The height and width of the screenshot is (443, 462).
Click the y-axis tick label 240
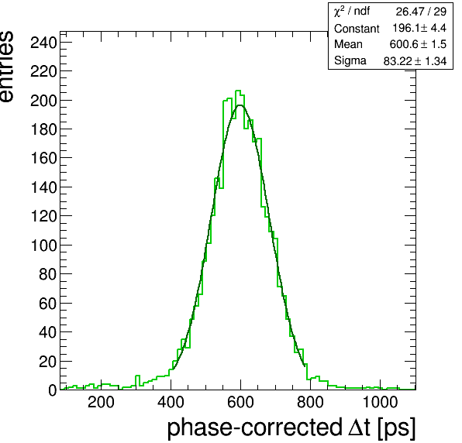pyautogui.click(x=43, y=43)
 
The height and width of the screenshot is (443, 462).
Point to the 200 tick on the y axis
pyautogui.click(x=43, y=101)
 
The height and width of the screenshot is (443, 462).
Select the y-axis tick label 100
pyautogui.click(x=43, y=246)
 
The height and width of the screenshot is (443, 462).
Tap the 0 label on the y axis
pyautogui.click(x=52, y=390)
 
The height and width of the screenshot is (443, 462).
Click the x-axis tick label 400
pyautogui.click(x=171, y=402)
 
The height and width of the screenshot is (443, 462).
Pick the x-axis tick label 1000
pyautogui.click(x=380, y=402)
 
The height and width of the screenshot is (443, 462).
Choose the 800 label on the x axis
pyautogui.click(x=310, y=402)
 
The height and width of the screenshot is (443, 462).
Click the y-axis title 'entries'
pyautogui.click(x=7, y=67)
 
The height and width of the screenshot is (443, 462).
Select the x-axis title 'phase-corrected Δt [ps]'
pyautogui.click(x=291, y=428)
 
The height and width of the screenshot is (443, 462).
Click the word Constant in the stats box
pyautogui.click(x=357, y=29)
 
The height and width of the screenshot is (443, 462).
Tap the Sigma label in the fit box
pyautogui.click(x=350, y=60)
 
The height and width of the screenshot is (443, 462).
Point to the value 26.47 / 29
pyautogui.click(x=421, y=12)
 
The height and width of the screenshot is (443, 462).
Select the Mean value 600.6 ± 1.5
pyautogui.click(x=418, y=44)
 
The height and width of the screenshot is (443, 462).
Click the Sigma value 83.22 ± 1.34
pyautogui.click(x=415, y=61)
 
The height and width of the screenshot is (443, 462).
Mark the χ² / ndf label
pyautogui.click(x=352, y=12)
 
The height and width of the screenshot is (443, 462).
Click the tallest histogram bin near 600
pyautogui.click(x=238, y=91)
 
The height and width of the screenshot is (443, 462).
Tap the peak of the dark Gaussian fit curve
pyautogui.click(x=240, y=105)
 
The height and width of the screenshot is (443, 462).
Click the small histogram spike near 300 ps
pyautogui.click(x=137, y=379)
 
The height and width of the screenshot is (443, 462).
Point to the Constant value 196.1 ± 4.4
pyautogui.click(x=419, y=28)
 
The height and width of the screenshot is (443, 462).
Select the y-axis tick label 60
pyautogui.click(x=47, y=303)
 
